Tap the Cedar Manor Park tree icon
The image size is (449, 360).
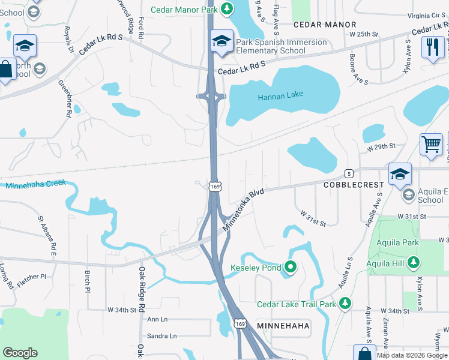226,8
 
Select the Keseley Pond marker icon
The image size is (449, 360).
291,267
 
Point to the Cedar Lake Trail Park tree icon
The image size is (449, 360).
345,304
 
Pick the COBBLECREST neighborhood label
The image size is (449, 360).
353,185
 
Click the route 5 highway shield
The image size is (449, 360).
348,173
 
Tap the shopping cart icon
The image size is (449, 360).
431,145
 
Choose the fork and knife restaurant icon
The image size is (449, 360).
433,47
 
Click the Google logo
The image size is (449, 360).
20,353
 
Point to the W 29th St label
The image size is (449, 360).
382,146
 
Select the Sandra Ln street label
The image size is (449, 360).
162,336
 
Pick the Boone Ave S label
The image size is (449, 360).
358,68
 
